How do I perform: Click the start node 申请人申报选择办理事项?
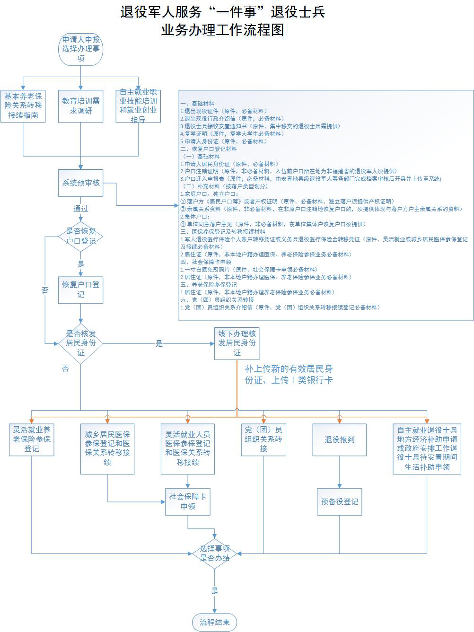(x=81, y=49)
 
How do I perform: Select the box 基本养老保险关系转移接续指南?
(x=23, y=105)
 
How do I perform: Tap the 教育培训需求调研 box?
(x=81, y=105)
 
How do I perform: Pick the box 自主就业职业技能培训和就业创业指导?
(x=138, y=105)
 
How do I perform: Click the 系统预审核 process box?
(x=81, y=183)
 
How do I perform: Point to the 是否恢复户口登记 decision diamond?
(x=81, y=236)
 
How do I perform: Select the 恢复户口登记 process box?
(x=81, y=290)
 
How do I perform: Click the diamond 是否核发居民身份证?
(x=81, y=343)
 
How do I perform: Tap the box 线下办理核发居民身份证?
(x=237, y=343)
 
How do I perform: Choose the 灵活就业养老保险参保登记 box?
(x=32, y=439)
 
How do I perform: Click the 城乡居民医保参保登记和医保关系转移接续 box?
(x=107, y=448)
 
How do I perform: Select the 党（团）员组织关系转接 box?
(x=263, y=439)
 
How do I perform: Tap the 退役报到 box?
(x=339, y=439)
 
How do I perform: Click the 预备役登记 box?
(x=339, y=501)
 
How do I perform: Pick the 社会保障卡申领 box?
(x=188, y=501)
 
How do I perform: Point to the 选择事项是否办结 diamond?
(x=215, y=553)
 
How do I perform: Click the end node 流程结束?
(x=215, y=622)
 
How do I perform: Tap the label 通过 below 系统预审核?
(x=81, y=209)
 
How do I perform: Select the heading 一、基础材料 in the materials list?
(x=197, y=104)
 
